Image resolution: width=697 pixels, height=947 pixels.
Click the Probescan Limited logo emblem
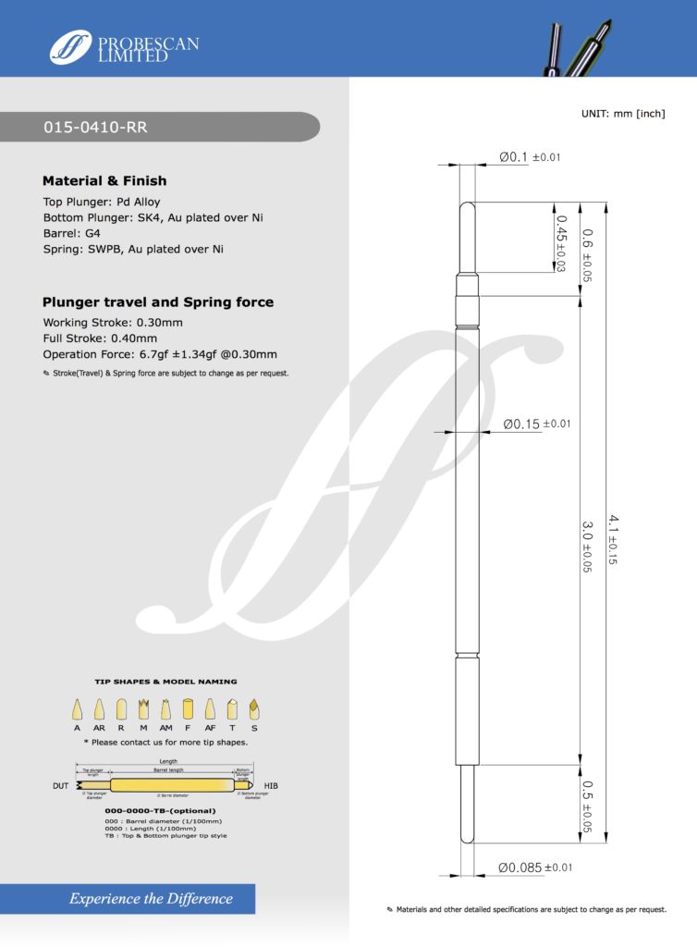coord(71,46)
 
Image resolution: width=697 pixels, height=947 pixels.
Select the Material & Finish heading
coord(104,181)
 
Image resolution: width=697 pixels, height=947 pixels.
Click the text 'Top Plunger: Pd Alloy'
coord(102,202)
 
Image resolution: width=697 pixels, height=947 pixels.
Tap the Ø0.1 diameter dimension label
coord(514,157)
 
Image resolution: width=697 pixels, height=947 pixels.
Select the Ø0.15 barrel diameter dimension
coord(521,424)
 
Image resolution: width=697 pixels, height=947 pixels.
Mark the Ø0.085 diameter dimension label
coord(519,867)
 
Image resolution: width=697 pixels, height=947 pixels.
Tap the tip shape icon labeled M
coord(143,710)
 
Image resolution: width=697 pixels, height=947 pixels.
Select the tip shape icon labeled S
coord(254,710)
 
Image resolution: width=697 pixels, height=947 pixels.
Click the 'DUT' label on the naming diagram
coord(59,786)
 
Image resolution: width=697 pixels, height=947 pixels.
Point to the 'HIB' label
coord(271,786)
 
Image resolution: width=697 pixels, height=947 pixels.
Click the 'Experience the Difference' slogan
coord(152,898)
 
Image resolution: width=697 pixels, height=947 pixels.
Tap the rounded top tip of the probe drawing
coord(468,207)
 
